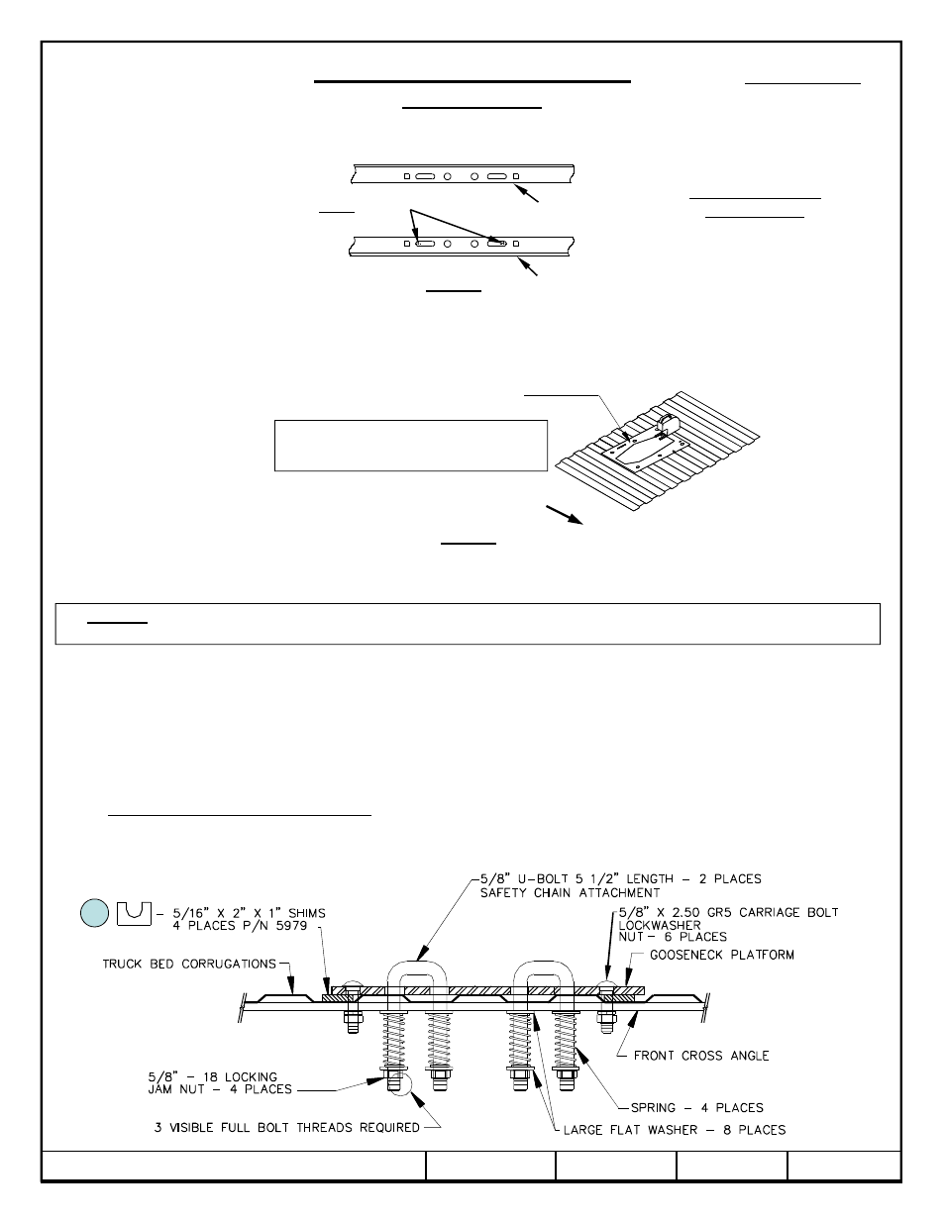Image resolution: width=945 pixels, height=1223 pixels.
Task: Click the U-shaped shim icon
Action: pyautogui.click(x=132, y=912)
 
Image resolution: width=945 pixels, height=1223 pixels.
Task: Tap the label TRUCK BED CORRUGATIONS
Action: pyautogui.click(x=188, y=963)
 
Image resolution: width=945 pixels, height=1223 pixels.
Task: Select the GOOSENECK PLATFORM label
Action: pyautogui.click(x=721, y=955)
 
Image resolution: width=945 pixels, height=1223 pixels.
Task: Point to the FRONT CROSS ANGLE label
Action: pyautogui.click(x=700, y=1056)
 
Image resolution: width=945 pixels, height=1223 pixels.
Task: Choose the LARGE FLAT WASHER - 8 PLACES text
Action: pyautogui.click(x=674, y=1129)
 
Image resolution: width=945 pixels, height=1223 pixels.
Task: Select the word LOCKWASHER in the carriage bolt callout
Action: pyautogui.click(x=660, y=924)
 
